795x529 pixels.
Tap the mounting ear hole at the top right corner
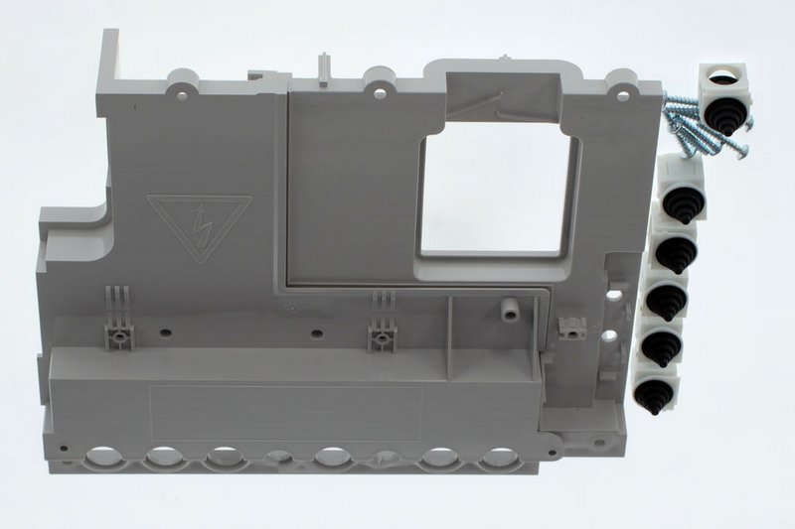pos(623,95)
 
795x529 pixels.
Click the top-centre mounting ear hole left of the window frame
pos(379,92)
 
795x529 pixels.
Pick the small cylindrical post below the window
pos(509,312)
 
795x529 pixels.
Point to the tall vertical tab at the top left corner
pos(108,60)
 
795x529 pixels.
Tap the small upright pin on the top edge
pos(323,66)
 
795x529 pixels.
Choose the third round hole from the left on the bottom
pos(225,458)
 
